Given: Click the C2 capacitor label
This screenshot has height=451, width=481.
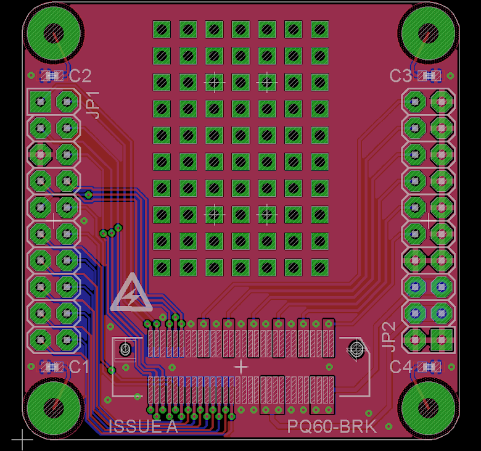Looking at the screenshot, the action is pos(80,76).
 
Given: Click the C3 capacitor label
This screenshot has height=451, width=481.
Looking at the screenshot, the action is pos(400,76).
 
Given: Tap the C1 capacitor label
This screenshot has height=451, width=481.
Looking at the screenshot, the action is pos(79,367).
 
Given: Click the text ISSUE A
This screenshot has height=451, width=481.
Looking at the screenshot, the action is pos(143,426).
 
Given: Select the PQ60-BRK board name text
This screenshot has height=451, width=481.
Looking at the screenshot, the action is pos(332,426).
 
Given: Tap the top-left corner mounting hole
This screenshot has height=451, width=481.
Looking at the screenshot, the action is pos(53,33).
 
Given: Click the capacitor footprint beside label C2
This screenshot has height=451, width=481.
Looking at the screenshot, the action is pos(52,76).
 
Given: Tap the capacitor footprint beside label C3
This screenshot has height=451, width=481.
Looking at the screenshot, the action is pos(429,76).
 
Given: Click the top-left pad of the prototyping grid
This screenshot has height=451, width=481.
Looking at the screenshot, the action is pos(162,29).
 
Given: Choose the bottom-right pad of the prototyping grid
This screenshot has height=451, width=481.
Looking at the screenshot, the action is pos(320,267).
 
